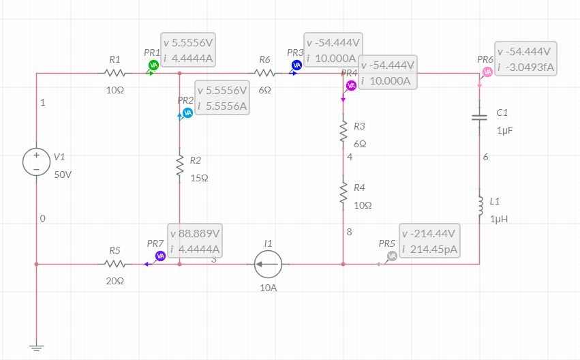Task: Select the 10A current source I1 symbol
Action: coord(269,263)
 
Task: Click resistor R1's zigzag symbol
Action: coord(115,72)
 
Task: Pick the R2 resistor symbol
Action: coord(179,165)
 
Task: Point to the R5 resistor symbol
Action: coord(115,263)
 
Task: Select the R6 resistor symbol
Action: coord(264,72)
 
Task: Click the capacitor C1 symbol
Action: coord(480,117)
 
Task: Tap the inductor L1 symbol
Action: coord(480,202)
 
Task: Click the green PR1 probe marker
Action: coord(153,65)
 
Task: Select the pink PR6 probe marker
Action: coord(487,72)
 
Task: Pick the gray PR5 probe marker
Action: coord(392,256)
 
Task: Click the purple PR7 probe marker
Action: coord(160,256)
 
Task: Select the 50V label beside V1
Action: coord(63,174)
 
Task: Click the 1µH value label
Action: coord(499,219)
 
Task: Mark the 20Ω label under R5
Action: coord(115,281)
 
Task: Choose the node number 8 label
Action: coord(349,232)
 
